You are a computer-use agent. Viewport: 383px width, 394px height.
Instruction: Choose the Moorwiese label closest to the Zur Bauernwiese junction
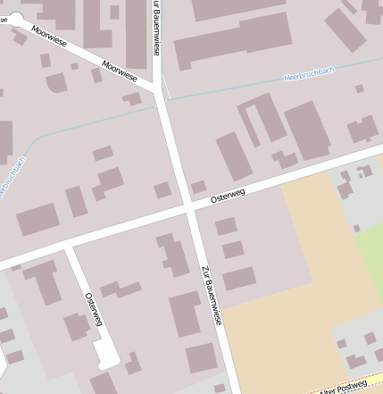coord(120,71)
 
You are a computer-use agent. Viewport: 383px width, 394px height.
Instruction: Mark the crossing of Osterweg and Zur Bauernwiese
coord(190,208)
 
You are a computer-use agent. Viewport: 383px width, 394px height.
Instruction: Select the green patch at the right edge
coord(371,246)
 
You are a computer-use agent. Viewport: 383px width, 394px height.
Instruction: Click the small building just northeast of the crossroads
coord(198,188)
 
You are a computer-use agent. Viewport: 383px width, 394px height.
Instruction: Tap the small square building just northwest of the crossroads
coord(162,190)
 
